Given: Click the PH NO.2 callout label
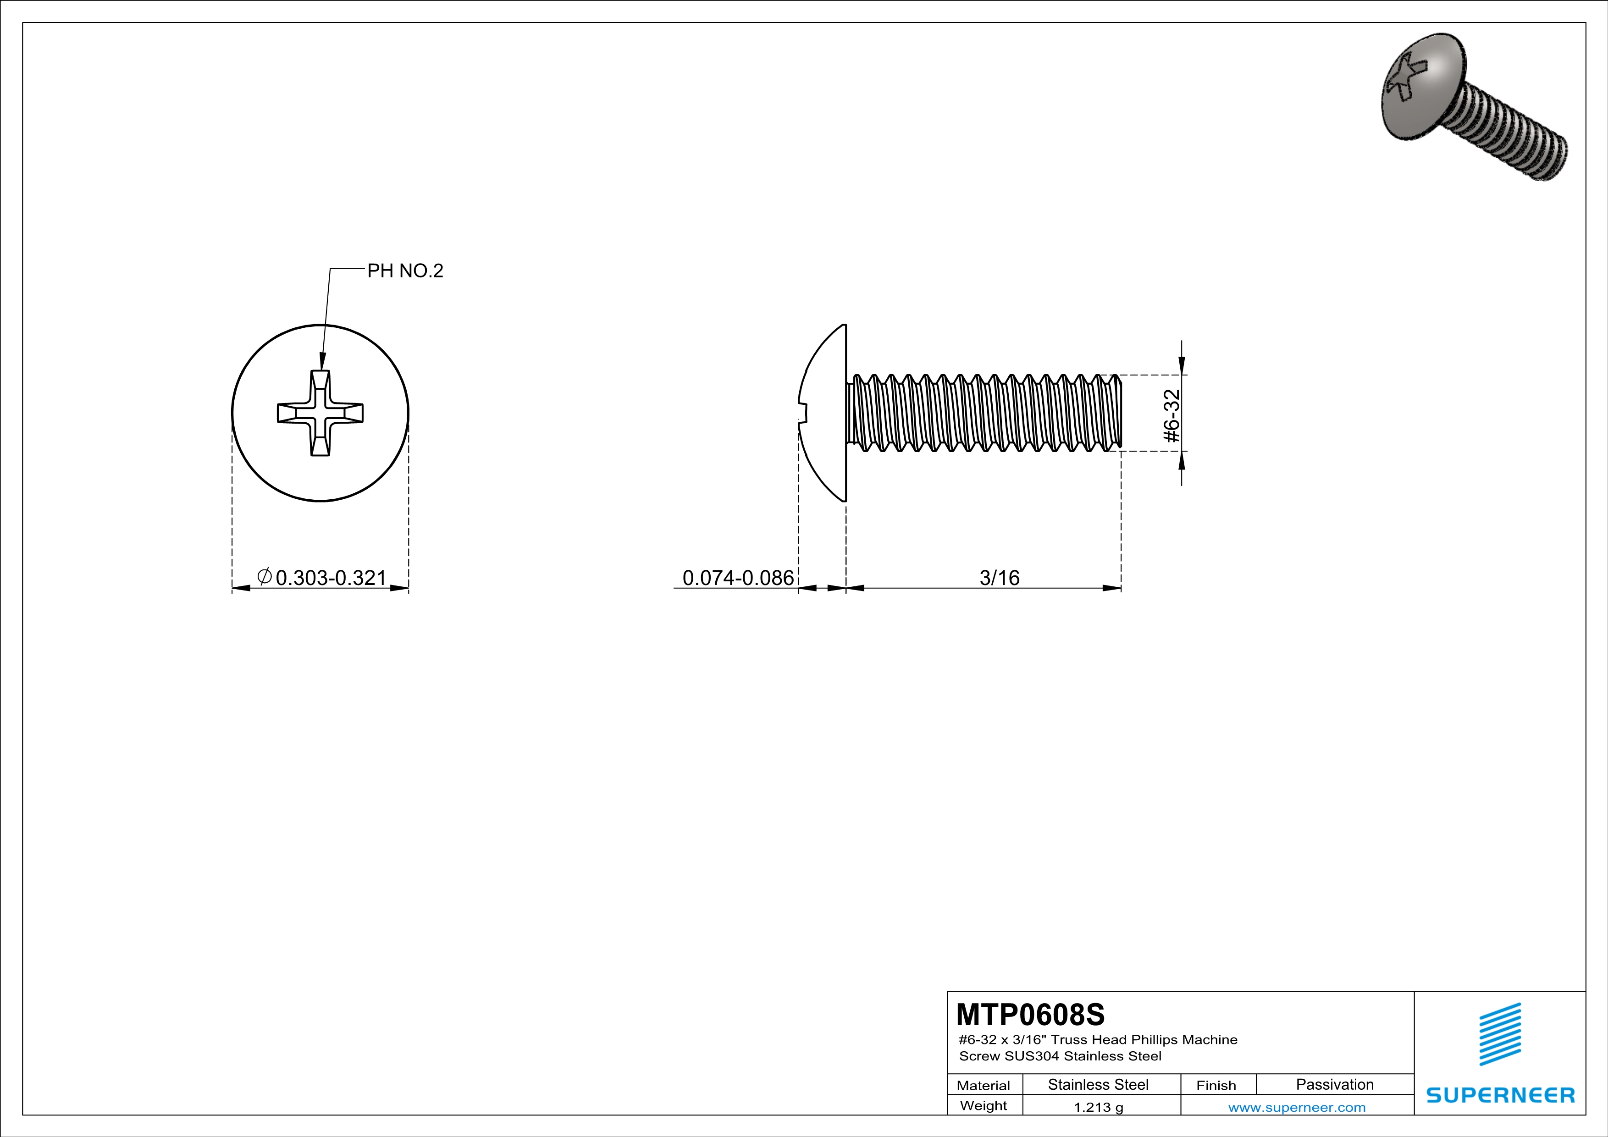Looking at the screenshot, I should pyautogui.click(x=405, y=271).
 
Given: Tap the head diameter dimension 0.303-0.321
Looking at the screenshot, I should pyautogui.click(x=331, y=578).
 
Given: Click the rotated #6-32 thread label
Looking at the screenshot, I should pyautogui.click(x=1171, y=415).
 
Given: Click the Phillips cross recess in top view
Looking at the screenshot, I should pyautogui.click(x=320, y=413).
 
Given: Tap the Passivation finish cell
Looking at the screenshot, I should pyautogui.click(x=1334, y=1084).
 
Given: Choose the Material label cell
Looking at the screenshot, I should pyautogui.click(x=984, y=1085).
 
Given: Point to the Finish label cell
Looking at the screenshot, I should pyautogui.click(x=1216, y=1085).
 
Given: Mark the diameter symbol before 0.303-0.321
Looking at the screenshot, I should pyautogui.click(x=264, y=576).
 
